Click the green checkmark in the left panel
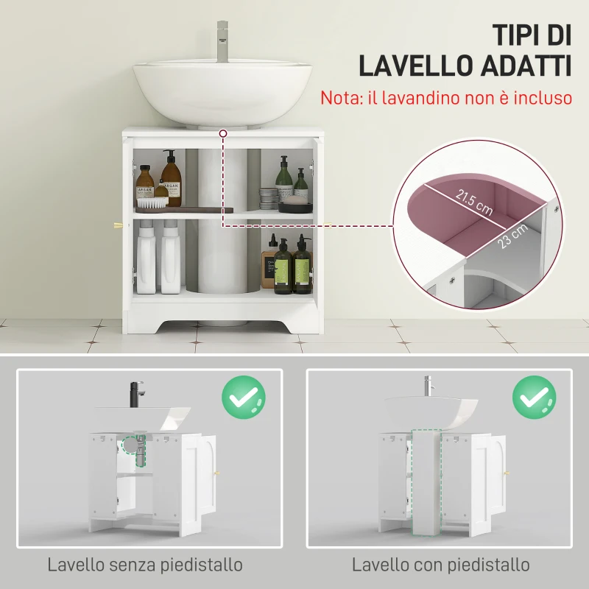point(244,398)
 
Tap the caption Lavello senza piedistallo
point(145,565)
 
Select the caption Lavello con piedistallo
point(440,565)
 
